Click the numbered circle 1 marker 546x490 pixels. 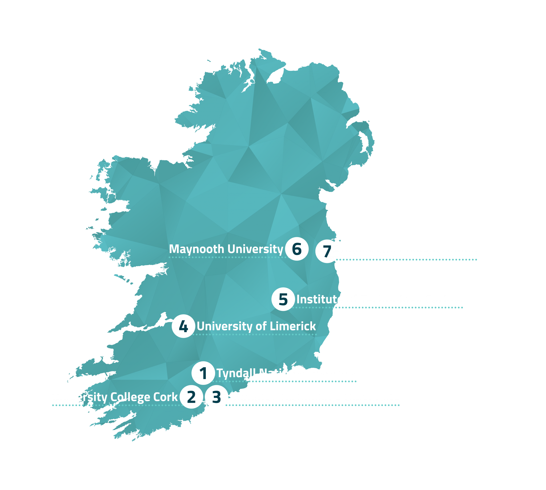tap(203, 373)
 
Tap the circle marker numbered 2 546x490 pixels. tap(191, 397)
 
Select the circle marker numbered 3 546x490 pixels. tap(216, 397)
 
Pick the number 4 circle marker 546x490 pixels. tap(183, 326)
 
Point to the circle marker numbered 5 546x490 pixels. tap(283, 299)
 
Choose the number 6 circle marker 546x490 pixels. tap(296, 249)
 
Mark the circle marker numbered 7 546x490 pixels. tap(327, 251)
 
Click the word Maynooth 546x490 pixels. tap(196, 249)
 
